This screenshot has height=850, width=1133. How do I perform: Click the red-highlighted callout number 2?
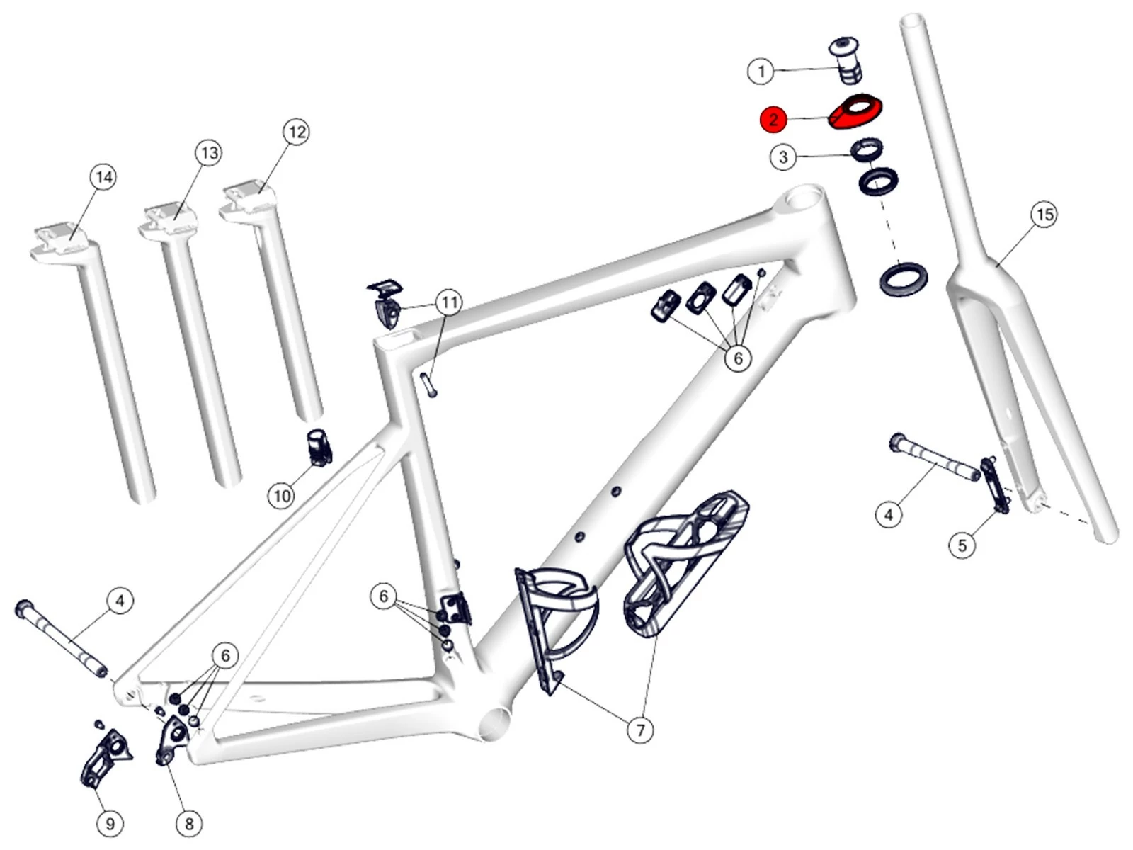(773, 119)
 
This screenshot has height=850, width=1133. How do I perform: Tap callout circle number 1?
(761, 71)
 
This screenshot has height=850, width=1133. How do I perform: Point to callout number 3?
(783, 157)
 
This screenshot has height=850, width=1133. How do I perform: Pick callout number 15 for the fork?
(1045, 214)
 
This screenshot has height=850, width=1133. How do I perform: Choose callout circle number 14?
(103, 177)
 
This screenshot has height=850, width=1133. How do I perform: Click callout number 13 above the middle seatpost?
(209, 153)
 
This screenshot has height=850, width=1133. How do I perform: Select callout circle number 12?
(297, 132)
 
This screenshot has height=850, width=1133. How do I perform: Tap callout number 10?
(282, 496)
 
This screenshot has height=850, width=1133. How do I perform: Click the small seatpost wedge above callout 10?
(319, 447)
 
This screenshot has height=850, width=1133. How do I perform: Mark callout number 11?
(450, 303)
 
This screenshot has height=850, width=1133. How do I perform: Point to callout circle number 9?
(110, 824)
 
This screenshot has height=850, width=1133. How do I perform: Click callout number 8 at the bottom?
(189, 824)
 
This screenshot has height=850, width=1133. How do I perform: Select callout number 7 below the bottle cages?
(641, 730)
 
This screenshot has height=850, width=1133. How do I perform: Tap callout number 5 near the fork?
(962, 545)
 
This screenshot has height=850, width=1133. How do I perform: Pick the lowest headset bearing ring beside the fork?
(903, 278)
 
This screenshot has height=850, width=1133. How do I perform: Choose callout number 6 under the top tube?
(738, 358)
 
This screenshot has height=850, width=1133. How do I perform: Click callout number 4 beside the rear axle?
(120, 601)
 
